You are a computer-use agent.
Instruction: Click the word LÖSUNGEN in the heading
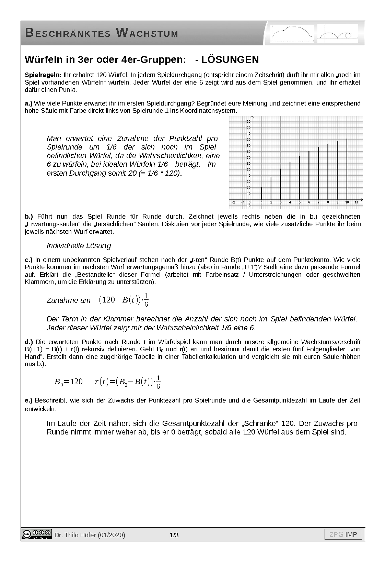[x=230, y=59]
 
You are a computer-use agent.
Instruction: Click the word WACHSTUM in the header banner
[x=147, y=33]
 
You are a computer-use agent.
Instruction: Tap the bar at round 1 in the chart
[x=261, y=193]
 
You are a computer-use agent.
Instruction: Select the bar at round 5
[x=300, y=178]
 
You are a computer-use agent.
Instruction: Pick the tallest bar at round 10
[x=347, y=169]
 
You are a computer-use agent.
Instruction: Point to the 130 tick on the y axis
[x=248, y=122]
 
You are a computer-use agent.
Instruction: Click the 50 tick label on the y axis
[x=248, y=170]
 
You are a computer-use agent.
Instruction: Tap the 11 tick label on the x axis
[x=356, y=202]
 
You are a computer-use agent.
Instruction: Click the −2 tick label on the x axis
[x=233, y=202]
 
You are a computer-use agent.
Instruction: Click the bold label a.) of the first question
[x=28, y=103]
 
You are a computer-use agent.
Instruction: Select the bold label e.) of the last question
[x=28, y=400]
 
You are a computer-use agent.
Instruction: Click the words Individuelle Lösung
[x=79, y=246]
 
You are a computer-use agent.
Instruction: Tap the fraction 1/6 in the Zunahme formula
[x=146, y=300]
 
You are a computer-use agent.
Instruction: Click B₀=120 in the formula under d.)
[x=68, y=382]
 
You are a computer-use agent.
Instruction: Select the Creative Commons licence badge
[x=36, y=534]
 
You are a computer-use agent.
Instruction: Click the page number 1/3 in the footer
[x=174, y=535]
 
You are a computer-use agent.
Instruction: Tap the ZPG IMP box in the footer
[x=343, y=535]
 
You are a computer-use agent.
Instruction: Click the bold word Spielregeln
[x=43, y=75]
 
